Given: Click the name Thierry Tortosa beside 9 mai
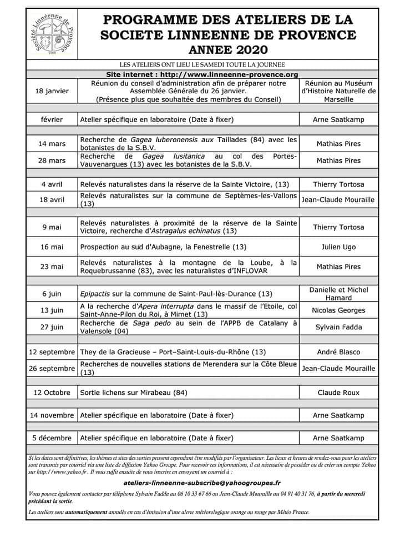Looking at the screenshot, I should [338, 227].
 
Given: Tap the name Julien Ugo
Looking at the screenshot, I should [338, 247].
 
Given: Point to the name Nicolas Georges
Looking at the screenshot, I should [338, 310].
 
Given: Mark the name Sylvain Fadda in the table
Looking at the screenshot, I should [338, 328].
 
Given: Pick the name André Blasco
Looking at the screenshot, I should [338, 352].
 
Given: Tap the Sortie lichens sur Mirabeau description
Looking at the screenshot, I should [134, 393].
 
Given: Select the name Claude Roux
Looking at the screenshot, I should [338, 393].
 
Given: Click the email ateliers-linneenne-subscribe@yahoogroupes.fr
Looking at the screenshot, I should [201, 484].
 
